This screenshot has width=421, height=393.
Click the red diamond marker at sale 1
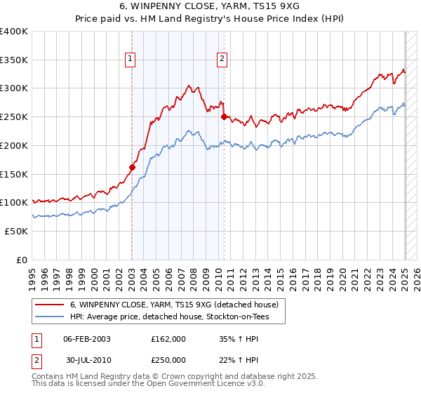pos(132,167)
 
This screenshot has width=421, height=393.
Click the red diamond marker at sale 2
pos(224,117)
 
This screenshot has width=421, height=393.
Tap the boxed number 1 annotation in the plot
pos(131,60)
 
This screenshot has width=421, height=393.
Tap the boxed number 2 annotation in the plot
pos(222,60)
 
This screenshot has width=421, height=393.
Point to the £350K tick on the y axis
pos(14,60)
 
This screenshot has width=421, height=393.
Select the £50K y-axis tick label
pos(16,231)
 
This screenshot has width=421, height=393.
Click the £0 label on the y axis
pos(22,260)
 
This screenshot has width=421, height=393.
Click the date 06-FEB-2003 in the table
pos(87,339)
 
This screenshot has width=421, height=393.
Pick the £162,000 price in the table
pos(168,339)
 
